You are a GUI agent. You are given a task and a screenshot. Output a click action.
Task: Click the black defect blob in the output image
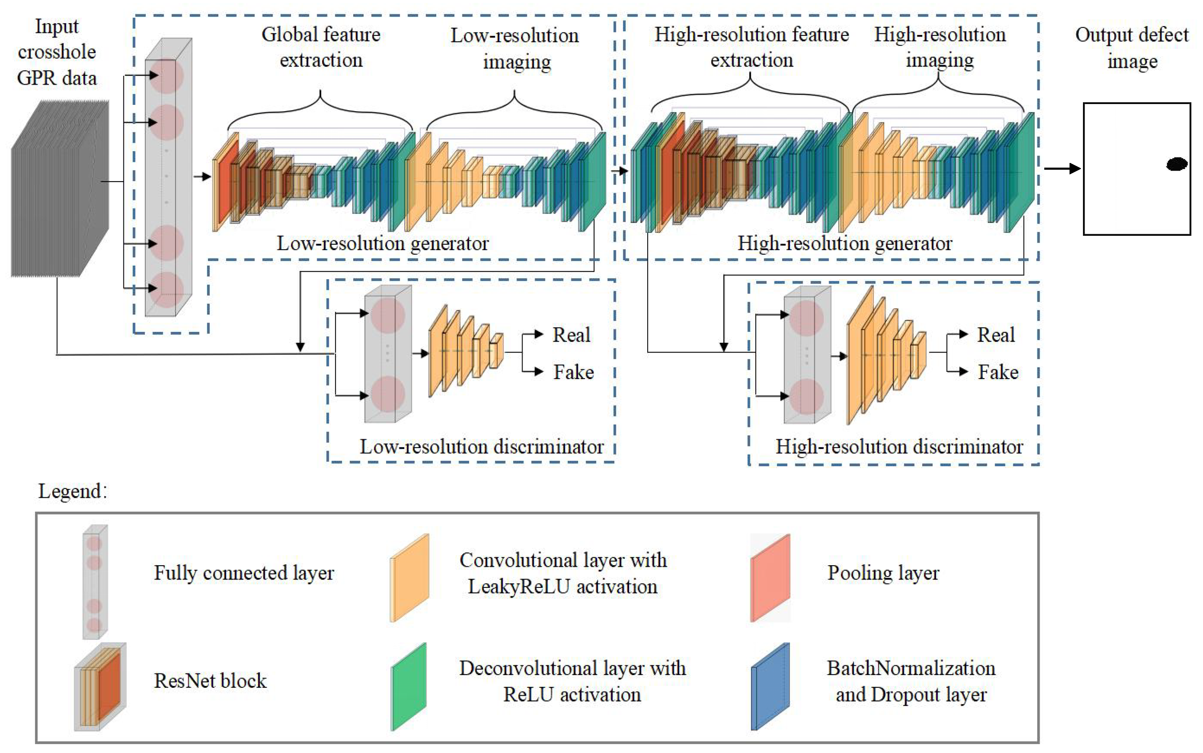tap(1176, 164)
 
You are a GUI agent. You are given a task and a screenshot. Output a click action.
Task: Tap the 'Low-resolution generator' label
tap(382, 243)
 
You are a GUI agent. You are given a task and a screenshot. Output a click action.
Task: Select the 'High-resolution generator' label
tap(845, 243)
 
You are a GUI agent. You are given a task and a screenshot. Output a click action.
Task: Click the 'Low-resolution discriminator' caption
tap(482, 447)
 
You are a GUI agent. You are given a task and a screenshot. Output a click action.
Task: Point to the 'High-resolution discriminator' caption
tap(899, 447)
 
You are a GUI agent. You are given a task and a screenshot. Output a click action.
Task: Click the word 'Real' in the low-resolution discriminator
tap(571, 335)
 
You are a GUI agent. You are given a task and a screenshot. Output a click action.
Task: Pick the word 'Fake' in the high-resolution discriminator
tap(998, 372)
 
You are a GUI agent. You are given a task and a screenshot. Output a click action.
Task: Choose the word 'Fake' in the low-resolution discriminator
tap(573, 372)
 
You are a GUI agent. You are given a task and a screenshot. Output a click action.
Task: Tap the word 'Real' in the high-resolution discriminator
tap(996, 335)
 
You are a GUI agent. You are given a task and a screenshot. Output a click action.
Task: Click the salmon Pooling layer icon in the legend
tap(770, 578)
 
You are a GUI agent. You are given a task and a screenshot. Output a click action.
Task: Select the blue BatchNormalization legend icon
tap(770, 686)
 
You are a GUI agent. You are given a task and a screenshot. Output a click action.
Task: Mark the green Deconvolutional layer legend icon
tap(409, 686)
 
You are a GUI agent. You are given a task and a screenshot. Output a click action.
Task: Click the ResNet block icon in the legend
tap(100, 686)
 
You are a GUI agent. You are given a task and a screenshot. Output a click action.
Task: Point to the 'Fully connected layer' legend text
tap(243, 573)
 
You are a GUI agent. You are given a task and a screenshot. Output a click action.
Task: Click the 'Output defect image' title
tap(1132, 48)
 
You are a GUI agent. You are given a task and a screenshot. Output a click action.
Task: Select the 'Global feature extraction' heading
tap(321, 47)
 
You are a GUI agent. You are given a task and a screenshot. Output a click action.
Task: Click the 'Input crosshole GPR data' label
tap(57, 52)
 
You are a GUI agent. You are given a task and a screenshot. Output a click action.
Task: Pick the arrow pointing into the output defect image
tap(1062, 168)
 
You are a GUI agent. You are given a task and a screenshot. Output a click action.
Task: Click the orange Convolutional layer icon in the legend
tap(409, 578)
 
